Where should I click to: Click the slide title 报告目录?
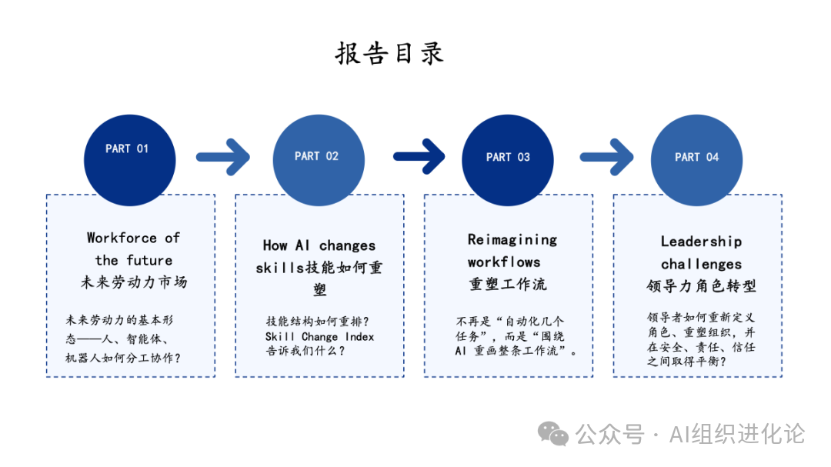pos(389,54)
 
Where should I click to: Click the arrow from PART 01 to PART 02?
pos(223,157)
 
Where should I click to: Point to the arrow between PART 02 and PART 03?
pos(419,157)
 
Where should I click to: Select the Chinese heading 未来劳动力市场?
pos(134,282)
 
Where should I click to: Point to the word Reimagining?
pos(512,239)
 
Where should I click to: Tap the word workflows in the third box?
pos(504,262)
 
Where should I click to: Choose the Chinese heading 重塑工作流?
pos(508,284)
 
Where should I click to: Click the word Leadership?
pos(701,242)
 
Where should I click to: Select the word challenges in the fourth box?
pos(701,264)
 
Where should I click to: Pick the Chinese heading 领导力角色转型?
pos(701,286)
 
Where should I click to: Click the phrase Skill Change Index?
pos(319,336)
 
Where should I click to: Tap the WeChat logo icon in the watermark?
pos(553,434)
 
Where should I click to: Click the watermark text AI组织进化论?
pos(736,434)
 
